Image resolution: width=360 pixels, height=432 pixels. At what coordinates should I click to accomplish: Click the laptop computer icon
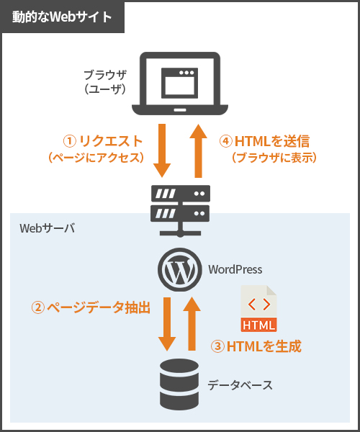click(x=180, y=84)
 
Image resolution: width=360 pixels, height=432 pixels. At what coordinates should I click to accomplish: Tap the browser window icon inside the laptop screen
click(x=179, y=83)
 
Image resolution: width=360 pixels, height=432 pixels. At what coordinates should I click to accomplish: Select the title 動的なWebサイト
click(x=62, y=17)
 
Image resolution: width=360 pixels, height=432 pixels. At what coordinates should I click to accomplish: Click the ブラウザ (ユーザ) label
click(x=105, y=82)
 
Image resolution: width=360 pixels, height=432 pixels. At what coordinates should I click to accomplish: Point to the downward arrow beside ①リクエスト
click(x=162, y=150)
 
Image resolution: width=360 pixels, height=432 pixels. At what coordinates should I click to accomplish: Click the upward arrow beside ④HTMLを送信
click(x=198, y=151)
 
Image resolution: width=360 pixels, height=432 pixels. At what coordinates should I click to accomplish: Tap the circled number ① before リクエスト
click(x=69, y=141)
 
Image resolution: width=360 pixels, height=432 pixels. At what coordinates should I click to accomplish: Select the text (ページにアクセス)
click(x=96, y=158)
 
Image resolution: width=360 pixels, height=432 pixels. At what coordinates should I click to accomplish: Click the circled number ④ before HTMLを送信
click(x=225, y=141)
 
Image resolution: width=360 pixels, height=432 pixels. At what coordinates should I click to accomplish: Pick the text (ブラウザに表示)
click(x=274, y=158)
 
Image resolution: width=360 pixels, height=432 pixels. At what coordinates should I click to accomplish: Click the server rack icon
click(x=180, y=211)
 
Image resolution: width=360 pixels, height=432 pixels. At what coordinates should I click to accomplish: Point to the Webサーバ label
click(x=47, y=228)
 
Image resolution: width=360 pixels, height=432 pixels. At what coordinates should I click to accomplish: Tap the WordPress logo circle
click(x=179, y=269)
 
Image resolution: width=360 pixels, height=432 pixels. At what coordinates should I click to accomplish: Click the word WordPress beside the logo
click(x=235, y=269)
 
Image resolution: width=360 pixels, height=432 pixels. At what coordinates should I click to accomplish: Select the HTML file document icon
click(x=258, y=308)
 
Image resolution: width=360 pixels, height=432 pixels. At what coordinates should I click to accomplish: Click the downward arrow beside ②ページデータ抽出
click(x=167, y=324)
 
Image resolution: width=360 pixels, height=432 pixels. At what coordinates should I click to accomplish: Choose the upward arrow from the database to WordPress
click(x=192, y=324)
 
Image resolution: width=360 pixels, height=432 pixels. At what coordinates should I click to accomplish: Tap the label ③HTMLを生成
click(x=256, y=346)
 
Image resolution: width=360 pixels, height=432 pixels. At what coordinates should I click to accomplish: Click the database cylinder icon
click(x=179, y=384)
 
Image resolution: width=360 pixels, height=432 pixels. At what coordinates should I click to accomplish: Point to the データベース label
click(x=240, y=385)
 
